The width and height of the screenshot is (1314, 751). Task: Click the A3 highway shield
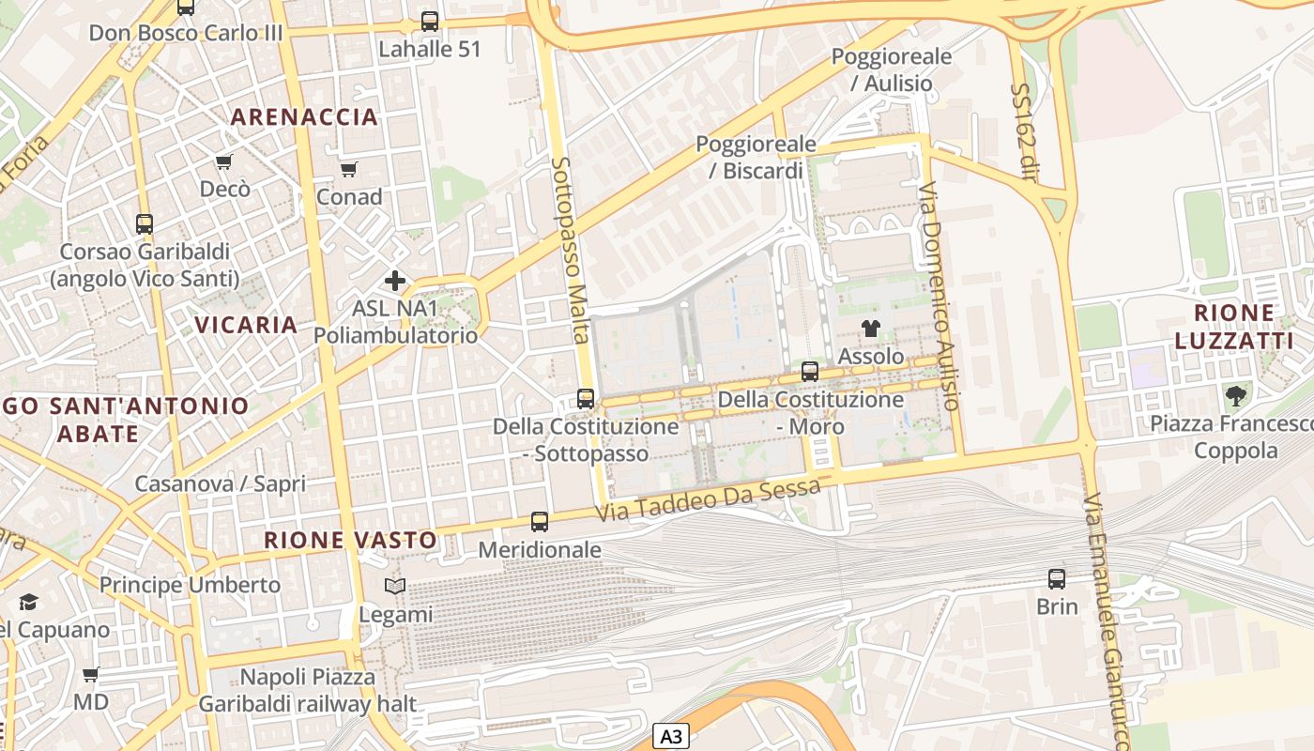pos(670,736)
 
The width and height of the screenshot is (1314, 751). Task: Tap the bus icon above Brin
pos(1057,578)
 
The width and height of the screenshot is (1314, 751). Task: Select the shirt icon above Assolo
pos(871,329)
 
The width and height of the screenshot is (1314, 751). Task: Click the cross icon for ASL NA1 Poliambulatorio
pos(395,280)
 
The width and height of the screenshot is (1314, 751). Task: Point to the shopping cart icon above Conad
pos(349,169)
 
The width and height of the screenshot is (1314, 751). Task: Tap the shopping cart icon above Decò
pos(224,161)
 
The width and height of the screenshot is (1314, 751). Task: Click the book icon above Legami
pos(395,587)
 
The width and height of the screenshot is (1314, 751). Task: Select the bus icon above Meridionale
pos(540,521)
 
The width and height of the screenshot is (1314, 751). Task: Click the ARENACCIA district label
pos(304,117)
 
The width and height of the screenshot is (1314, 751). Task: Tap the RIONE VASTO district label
pos(350,541)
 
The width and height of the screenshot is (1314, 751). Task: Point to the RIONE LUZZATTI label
pos(1233,326)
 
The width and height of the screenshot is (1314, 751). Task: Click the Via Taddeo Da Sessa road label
pos(710,500)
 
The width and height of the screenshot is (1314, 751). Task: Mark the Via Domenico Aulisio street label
pos(940,295)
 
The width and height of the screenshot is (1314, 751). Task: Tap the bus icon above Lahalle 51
pos(430,21)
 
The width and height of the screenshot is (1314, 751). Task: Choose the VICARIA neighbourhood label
pos(246,325)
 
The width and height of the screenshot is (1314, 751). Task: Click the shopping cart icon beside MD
pos(91,674)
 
